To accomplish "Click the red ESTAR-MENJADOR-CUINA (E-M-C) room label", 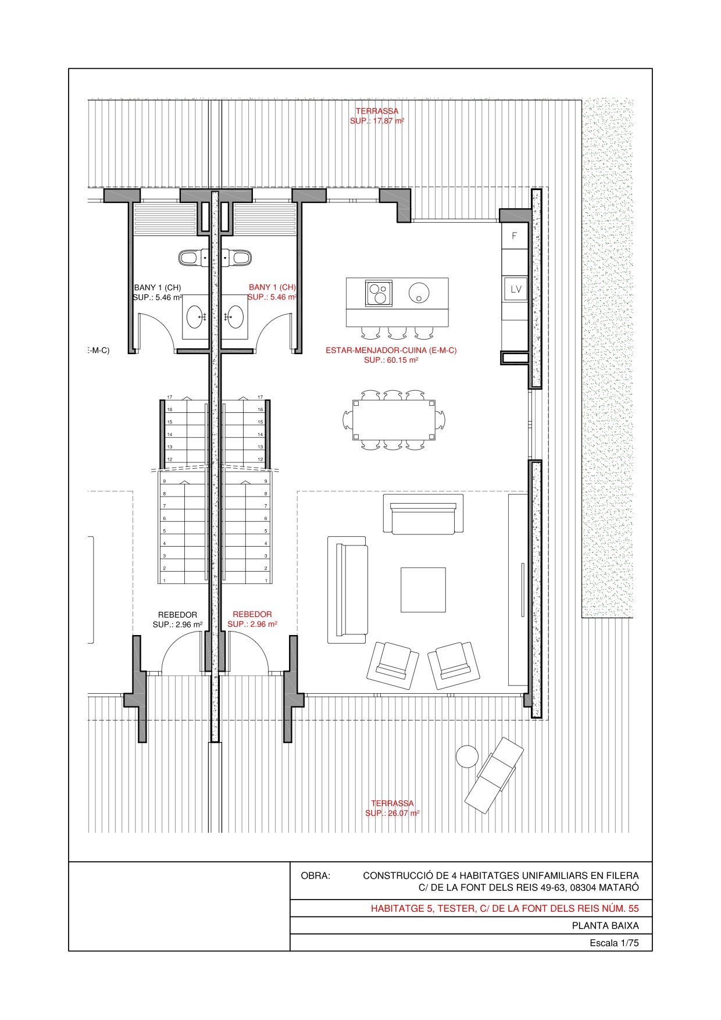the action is [391, 351].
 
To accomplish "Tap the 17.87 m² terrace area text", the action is [377, 121].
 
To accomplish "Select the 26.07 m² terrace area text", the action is [392, 813].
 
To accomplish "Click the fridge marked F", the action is [515, 236].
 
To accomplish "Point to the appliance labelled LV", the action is [516, 289].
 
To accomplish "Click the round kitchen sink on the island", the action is [418, 292].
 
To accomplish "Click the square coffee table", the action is [423, 589].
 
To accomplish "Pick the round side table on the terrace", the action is [467, 757].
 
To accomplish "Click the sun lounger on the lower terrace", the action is [494, 775].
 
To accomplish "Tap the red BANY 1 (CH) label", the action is [272, 287].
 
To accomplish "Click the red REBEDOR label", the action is [252, 614].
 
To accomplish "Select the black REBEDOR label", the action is [177, 615].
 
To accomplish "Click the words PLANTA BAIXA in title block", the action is [605, 926].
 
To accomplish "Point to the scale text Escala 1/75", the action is [614, 943].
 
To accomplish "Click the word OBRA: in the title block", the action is [315, 875].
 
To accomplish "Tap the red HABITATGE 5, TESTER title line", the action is [505, 908].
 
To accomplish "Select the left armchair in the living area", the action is [392, 665].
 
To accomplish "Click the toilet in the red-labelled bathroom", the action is [237, 257].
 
